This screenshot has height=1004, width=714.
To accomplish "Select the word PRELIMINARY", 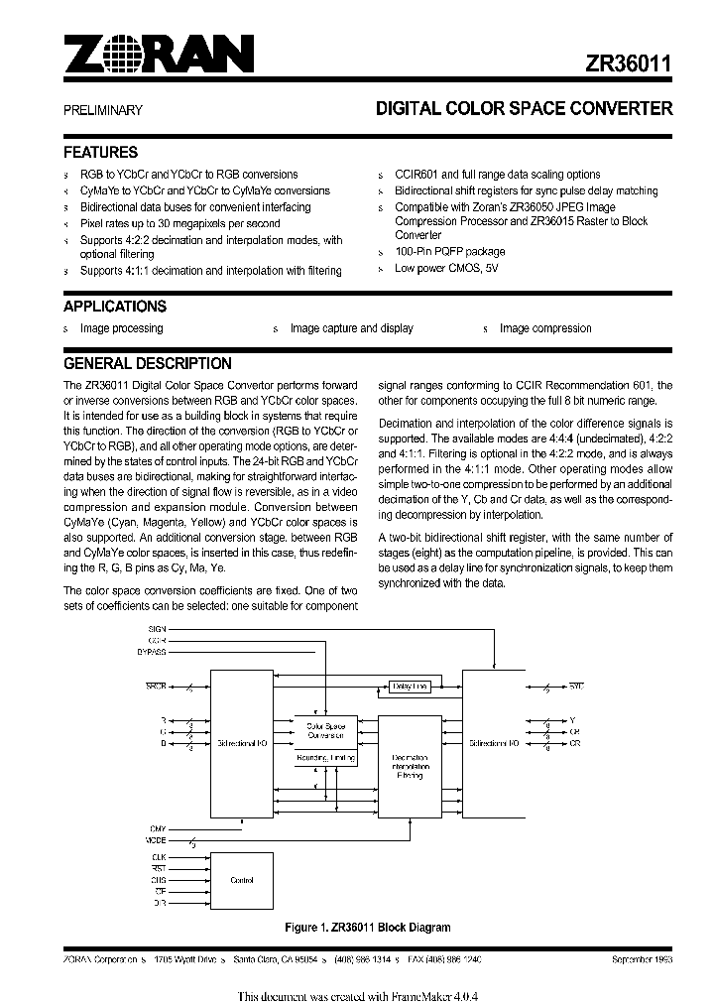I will (103, 111).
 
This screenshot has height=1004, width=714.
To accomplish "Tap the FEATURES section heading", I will (100, 153).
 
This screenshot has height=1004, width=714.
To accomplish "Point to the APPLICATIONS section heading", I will (114, 307).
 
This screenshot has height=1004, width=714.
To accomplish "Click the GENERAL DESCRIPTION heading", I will (147, 363).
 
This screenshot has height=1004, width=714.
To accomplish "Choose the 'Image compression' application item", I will (545, 328).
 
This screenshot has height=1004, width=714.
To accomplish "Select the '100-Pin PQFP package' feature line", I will (449, 252).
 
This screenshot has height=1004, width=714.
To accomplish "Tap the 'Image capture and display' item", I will (352, 328).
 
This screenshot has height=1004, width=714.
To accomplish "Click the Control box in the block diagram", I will (241, 880).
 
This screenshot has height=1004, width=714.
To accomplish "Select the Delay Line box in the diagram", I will (410, 686).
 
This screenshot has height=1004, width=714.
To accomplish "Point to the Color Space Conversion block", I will (325, 731).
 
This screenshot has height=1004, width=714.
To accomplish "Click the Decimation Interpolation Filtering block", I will (409, 767).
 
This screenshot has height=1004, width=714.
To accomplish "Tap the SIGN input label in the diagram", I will (158, 629).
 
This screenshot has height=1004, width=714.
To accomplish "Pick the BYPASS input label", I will (152, 653).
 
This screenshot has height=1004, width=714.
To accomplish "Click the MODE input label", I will (157, 839).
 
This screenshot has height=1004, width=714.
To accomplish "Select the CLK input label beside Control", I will (159, 855).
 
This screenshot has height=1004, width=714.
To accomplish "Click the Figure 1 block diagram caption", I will (367, 928).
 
